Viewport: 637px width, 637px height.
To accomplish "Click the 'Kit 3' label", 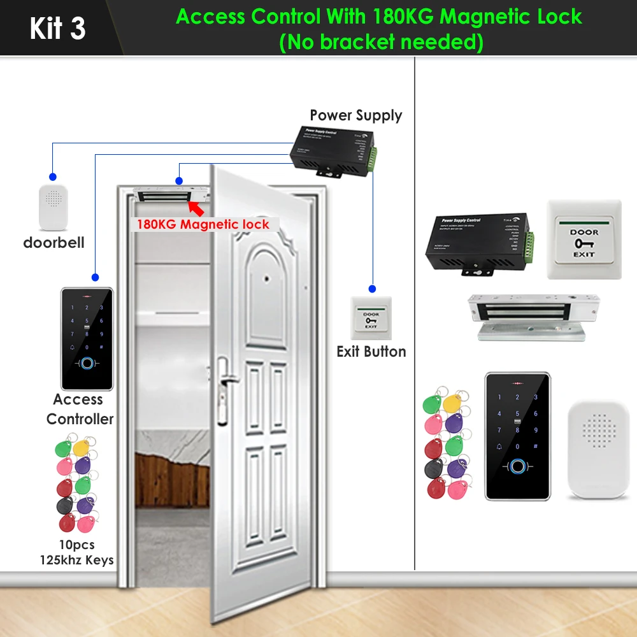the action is click(x=57, y=29).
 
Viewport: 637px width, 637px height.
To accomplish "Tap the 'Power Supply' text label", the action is click(x=356, y=115).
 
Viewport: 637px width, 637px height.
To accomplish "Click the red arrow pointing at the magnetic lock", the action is click(x=198, y=208).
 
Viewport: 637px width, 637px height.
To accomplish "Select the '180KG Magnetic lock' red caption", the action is click(x=203, y=224).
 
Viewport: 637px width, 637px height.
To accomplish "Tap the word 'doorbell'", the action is click(x=54, y=243).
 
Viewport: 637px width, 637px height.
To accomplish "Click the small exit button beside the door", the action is click(x=371, y=318).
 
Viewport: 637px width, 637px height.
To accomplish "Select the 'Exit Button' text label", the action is click(x=371, y=352).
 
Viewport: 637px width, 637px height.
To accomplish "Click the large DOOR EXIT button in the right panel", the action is click(x=583, y=240).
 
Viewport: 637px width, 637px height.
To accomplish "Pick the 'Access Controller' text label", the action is click(x=79, y=409).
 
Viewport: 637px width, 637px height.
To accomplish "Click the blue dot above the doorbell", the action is click(x=53, y=176).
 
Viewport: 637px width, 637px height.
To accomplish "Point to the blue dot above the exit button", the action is click(x=372, y=288).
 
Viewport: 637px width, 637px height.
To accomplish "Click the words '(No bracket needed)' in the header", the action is click(x=381, y=43).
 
